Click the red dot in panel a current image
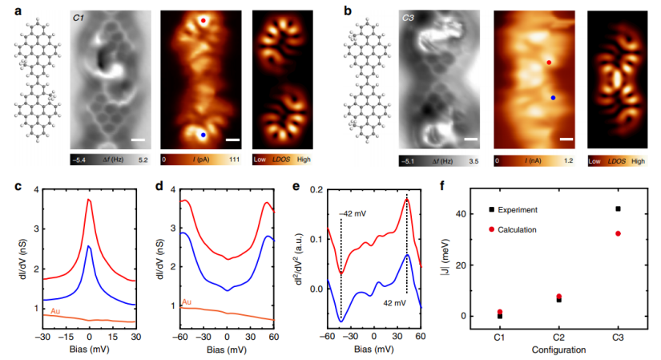point(204,21)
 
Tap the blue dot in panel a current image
point(204,135)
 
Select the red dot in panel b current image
point(549,62)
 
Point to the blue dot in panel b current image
point(553,97)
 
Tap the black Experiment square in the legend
point(492,210)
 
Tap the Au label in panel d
point(186,301)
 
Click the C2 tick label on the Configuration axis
point(558,339)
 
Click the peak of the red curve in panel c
point(89,199)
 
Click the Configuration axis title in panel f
point(557,350)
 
